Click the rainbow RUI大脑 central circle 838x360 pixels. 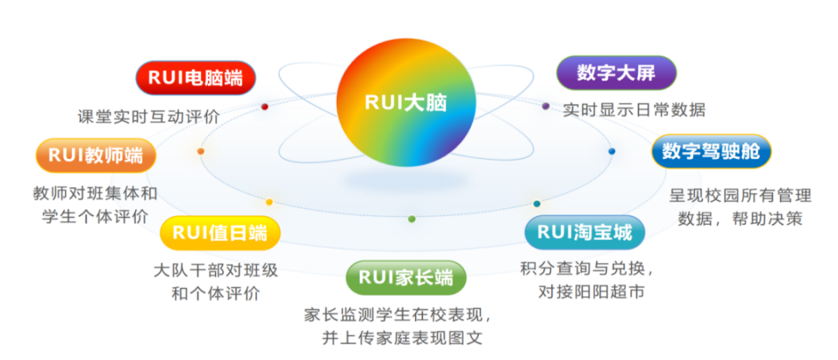[405, 103]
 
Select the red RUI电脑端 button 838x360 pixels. [196, 78]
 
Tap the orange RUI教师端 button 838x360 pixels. [95, 155]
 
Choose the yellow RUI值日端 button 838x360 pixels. [220, 233]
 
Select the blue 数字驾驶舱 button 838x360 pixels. [711, 152]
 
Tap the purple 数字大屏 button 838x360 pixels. [616, 74]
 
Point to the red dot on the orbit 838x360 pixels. [265, 106]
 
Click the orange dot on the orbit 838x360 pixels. [201, 151]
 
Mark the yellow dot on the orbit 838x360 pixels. [269, 202]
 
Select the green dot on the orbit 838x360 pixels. [411, 219]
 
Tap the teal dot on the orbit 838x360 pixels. [536, 203]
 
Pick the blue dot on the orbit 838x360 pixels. [611, 151]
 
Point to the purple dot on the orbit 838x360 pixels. [545, 106]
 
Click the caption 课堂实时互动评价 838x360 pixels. [149, 116]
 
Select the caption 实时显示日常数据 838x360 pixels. [634, 110]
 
